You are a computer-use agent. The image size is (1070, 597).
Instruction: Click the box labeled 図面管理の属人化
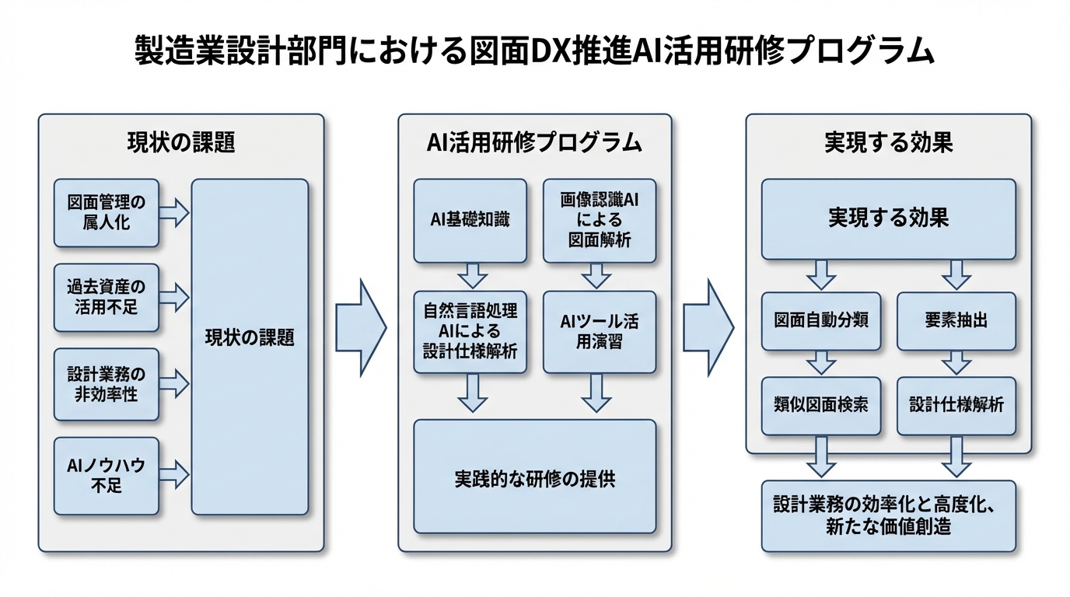click(107, 213)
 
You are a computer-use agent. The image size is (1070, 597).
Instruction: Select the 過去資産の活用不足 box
click(107, 298)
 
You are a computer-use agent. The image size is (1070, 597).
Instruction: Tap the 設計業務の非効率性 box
click(107, 384)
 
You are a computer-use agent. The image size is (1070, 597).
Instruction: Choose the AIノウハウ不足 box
click(107, 476)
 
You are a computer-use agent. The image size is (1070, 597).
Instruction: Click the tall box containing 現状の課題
click(250, 346)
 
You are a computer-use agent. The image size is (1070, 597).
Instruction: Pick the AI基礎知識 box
click(470, 221)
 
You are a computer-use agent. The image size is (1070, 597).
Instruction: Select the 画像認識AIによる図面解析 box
click(599, 221)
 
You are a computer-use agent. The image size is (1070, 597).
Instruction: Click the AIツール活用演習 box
click(599, 332)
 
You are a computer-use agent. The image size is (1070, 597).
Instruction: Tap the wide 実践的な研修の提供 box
click(534, 477)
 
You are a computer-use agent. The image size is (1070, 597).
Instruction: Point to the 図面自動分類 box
click(820, 321)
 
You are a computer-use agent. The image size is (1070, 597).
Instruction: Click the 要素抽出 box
click(956, 321)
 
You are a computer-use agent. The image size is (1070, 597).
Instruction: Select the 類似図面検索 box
click(820, 405)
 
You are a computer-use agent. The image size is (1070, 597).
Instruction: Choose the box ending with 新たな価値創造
click(888, 515)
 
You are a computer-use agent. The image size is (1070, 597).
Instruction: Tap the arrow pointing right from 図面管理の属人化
click(175, 212)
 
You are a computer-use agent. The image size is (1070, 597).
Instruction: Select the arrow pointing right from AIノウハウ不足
click(175, 473)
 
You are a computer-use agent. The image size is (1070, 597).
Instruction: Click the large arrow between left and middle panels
click(361, 328)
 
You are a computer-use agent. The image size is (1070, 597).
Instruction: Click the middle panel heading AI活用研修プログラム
click(534, 142)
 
